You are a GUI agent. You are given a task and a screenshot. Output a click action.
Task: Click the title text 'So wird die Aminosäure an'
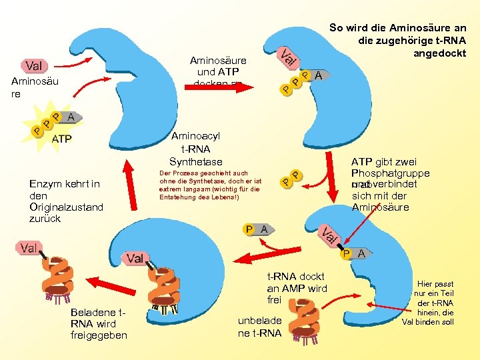point(398,28)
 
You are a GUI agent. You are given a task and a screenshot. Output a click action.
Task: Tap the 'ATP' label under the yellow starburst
point(62,139)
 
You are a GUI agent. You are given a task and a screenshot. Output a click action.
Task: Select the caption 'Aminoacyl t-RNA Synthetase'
point(195,148)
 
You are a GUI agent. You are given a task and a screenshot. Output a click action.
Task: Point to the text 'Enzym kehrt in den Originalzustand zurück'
point(66,201)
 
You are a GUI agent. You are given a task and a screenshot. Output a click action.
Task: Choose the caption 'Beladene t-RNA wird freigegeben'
point(98,324)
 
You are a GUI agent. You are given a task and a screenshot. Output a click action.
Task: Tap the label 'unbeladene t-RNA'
point(259,327)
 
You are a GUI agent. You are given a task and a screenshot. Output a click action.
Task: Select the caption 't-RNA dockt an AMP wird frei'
point(297,288)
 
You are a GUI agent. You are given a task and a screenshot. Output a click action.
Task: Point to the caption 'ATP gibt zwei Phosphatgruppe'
point(390,168)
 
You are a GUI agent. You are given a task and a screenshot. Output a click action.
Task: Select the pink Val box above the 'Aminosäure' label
point(35,65)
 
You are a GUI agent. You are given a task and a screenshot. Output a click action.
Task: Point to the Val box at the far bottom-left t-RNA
point(29,248)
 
